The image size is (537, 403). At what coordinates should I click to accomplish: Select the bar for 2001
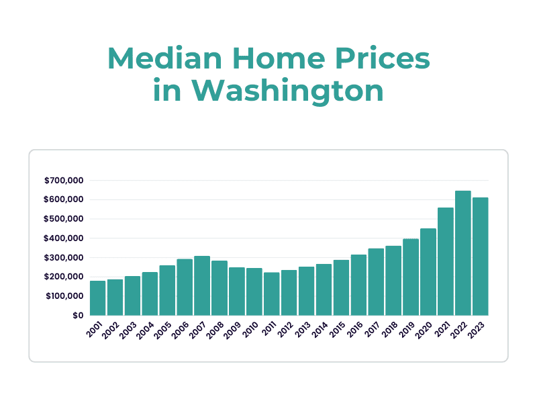98,298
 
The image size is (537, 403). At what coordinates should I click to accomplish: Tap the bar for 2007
202,285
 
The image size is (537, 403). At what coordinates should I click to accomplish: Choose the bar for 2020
428,272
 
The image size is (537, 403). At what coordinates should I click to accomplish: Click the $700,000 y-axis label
64,181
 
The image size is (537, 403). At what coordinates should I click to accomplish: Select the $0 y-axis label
77,315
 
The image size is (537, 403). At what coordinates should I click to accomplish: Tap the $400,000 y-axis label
64,238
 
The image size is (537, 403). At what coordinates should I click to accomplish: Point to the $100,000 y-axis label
64,296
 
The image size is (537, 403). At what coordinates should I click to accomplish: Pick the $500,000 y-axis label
64,219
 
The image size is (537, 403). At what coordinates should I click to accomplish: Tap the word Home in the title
289,59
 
